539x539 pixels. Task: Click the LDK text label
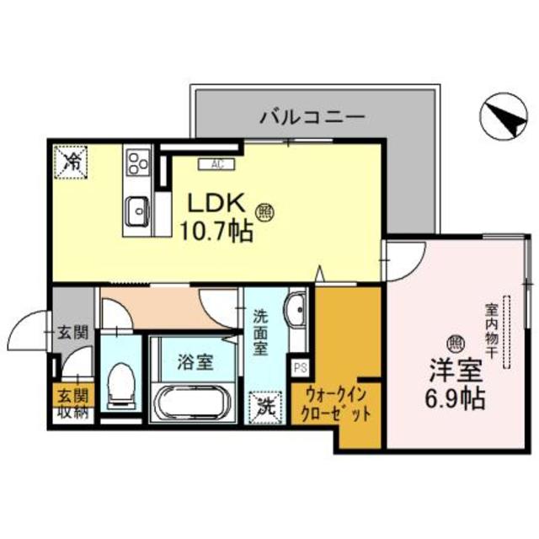215,205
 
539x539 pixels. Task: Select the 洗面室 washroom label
261,332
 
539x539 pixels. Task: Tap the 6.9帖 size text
456,397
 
